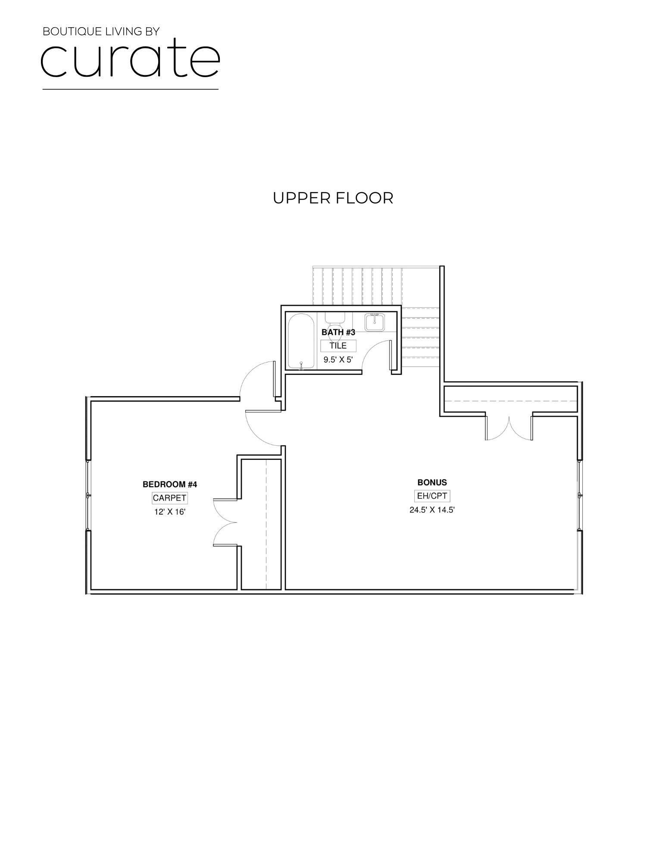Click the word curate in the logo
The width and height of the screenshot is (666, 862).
pyautogui.click(x=130, y=59)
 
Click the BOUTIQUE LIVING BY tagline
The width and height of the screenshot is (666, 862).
pyautogui.click(x=101, y=31)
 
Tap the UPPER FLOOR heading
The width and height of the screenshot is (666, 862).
pyautogui.click(x=333, y=198)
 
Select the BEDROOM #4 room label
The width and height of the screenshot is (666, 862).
pyautogui.click(x=169, y=484)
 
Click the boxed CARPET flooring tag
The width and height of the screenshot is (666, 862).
pyautogui.click(x=169, y=498)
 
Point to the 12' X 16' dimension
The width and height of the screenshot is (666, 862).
pyautogui.click(x=169, y=512)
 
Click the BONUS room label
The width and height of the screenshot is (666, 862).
pyautogui.click(x=432, y=482)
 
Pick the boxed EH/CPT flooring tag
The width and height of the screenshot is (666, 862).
pyautogui.click(x=432, y=496)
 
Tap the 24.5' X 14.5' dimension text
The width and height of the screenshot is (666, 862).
pyautogui.click(x=432, y=510)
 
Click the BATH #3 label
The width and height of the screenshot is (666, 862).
pyautogui.click(x=338, y=332)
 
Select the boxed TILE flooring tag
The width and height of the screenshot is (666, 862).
pyautogui.click(x=338, y=346)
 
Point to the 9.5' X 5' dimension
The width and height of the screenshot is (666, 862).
pyautogui.click(x=338, y=359)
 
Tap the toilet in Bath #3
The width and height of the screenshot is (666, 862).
pyautogui.click(x=335, y=321)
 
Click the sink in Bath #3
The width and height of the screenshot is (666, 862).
pyautogui.click(x=375, y=322)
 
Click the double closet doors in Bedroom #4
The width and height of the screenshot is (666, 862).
pyautogui.click(x=225, y=522)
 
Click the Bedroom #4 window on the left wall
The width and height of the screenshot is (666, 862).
pyautogui.click(x=88, y=495)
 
